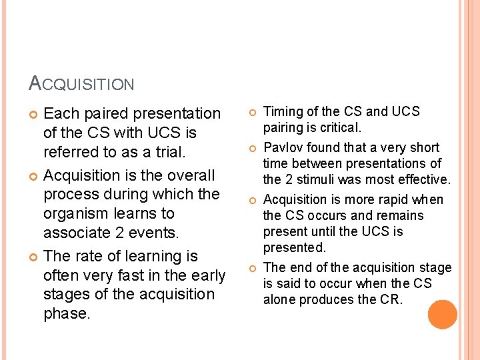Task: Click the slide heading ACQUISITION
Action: pos(81,83)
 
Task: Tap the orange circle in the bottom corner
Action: pos(442,315)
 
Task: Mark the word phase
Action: pos(67,313)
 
